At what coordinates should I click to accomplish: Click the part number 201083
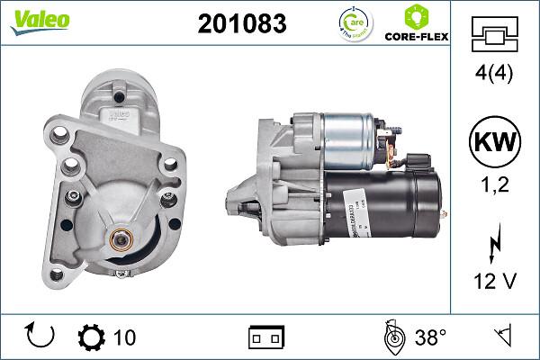(x=241, y=24)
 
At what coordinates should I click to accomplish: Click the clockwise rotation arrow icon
(x=41, y=337)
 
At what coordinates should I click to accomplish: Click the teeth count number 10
(x=124, y=337)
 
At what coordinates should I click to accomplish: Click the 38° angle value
(x=430, y=337)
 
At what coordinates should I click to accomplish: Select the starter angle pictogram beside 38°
(x=392, y=337)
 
